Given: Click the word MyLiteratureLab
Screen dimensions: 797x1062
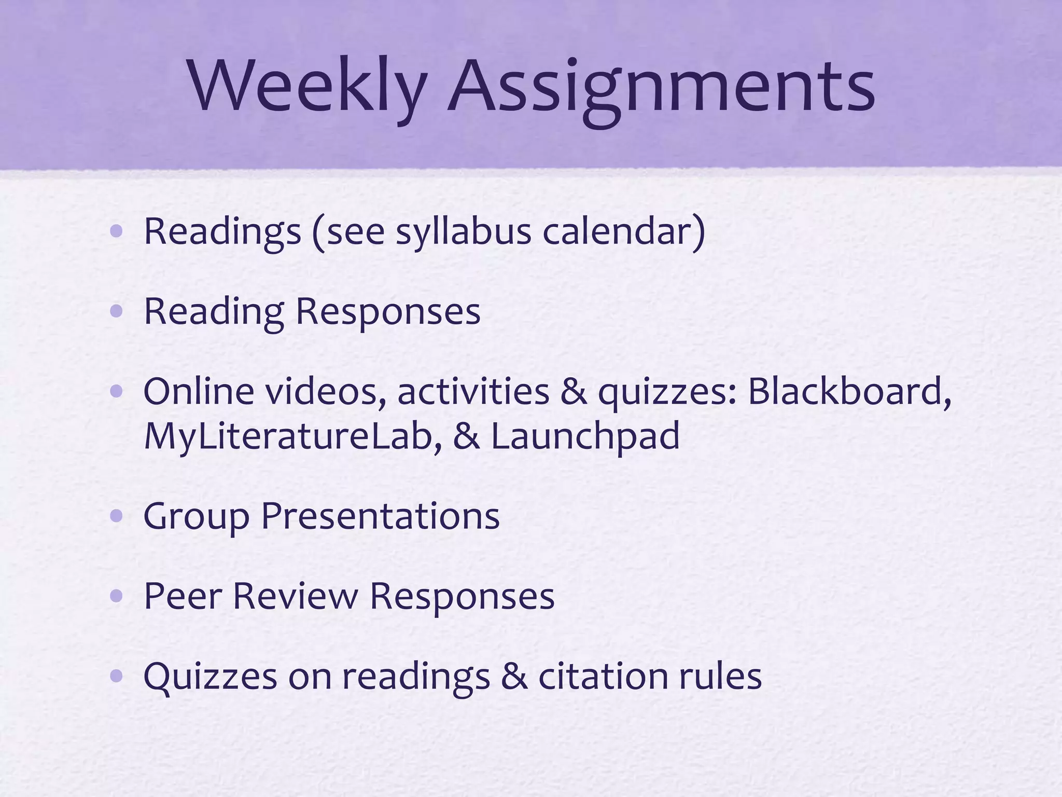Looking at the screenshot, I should [x=293, y=436].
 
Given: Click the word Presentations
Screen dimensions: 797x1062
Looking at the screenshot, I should [x=380, y=517].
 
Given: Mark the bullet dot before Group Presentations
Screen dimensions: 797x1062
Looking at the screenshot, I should [x=117, y=516].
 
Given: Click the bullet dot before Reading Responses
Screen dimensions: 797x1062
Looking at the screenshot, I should [x=117, y=311].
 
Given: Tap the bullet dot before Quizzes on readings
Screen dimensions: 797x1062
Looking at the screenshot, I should [x=117, y=676].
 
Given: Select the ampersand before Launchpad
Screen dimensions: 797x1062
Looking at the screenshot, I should [x=466, y=436].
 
